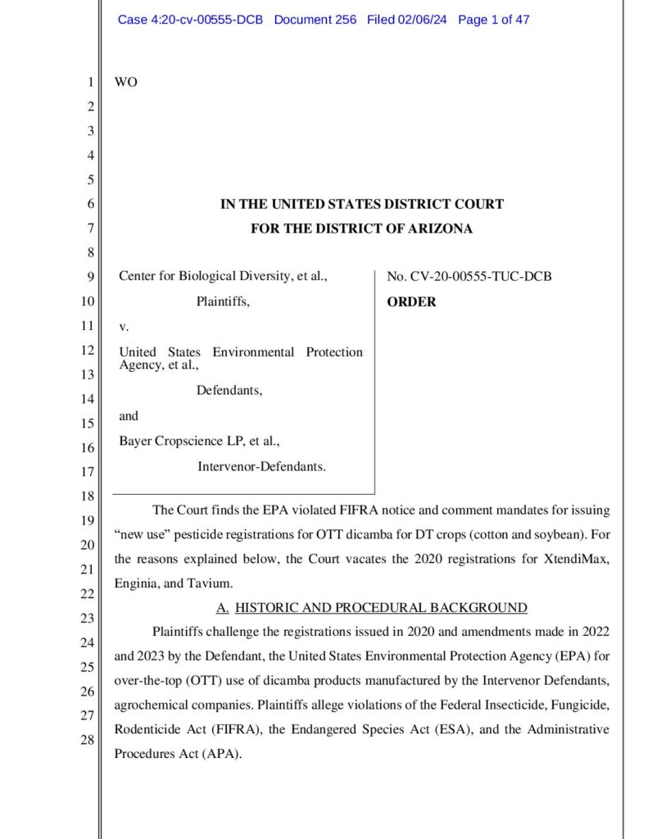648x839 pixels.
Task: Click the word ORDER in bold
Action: pos(411,302)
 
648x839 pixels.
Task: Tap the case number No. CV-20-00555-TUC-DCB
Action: pos(469,277)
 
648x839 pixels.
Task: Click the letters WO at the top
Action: pos(127,83)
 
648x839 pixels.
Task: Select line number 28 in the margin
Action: pos(89,740)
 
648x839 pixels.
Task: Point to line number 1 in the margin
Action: pos(91,83)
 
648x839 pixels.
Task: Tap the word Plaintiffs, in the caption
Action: pos(223,302)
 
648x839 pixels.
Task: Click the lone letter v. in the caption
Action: pos(125,327)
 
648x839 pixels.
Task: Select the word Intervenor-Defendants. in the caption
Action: pos(261,467)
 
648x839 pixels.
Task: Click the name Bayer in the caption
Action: pos(136,442)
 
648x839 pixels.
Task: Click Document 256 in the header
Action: pos(315,20)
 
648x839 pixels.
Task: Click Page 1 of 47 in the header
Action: pos(494,20)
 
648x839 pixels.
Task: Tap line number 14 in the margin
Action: pos(89,400)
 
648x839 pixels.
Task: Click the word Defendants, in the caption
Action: pos(229,391)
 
